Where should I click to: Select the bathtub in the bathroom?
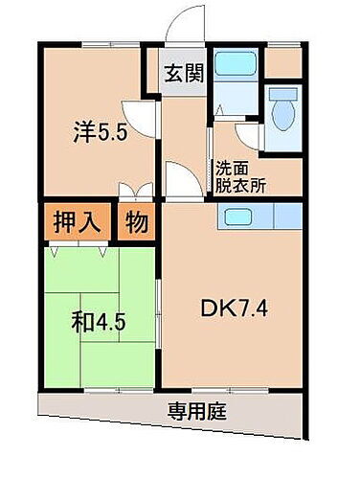tap(233, 65)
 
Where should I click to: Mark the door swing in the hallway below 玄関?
tap(178, 177)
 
